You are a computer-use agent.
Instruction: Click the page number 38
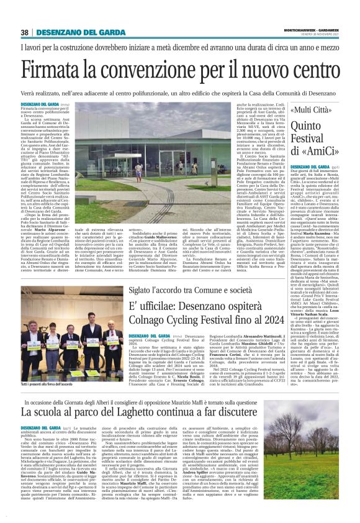pyautogui.click(x=25, y=32)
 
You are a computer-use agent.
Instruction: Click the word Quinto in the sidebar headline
pyautogui.click(x=307, y=127)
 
